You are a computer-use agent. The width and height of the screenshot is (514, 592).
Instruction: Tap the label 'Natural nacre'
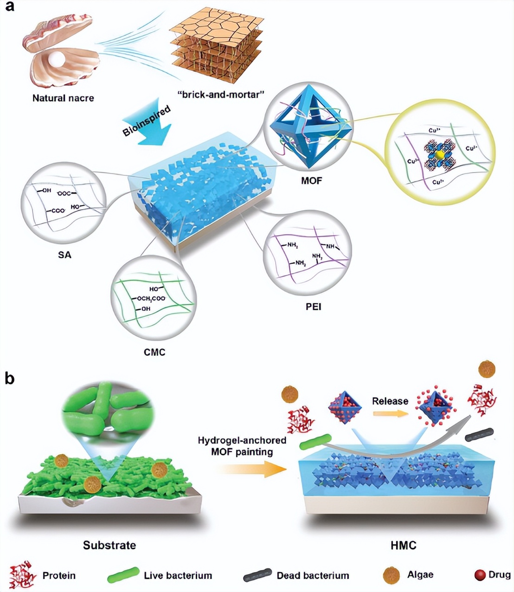coord(63,98)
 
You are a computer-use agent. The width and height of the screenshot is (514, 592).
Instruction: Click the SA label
coord(64,255)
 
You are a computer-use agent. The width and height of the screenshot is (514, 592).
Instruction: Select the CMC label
coord(154,352)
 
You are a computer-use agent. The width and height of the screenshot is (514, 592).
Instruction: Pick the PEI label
coord(313,306)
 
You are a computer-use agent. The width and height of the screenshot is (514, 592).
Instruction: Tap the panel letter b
coord(10,378)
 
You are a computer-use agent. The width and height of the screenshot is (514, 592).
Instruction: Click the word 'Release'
coord(390,401)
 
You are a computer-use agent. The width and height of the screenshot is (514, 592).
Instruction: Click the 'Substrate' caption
coord(109,545)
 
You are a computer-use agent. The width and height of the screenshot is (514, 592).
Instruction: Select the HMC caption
coord(403,545)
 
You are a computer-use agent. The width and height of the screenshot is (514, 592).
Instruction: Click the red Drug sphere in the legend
coord(480,575)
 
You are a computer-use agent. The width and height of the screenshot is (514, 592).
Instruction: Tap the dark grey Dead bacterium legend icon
coord(257,575)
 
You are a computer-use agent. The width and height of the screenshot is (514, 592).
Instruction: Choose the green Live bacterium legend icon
coord(123,575)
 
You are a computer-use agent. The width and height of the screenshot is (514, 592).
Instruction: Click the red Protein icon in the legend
coord(23,575)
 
